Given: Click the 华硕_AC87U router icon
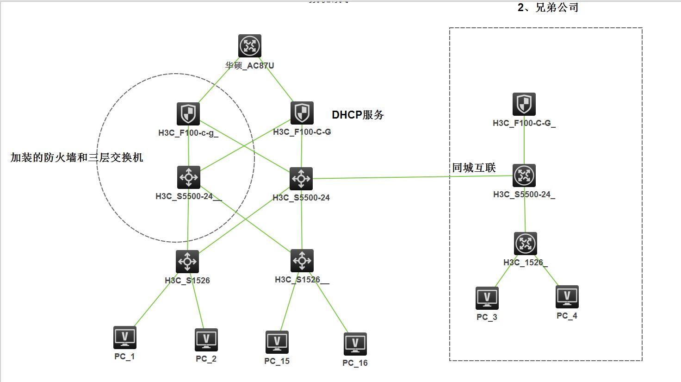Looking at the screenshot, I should pyautogui.click(x=250, y=46).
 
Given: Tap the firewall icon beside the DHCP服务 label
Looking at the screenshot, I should pyautogui.click(x=302, y=113).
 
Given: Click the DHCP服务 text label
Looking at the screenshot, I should pyautogui.click(x=358, y=115).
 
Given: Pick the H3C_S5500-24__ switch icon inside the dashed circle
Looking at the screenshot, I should pyautogui.click(x=189, y=177).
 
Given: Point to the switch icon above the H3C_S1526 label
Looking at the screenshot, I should pyautogui.click(x=187, y=262).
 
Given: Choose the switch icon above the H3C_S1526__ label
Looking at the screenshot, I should pyautogui.click(x=302, y=261).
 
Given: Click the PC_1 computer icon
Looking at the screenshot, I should pyautogui.click(x=125, y=338).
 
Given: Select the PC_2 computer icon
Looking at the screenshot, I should pyautogui.click(x=206, y=340).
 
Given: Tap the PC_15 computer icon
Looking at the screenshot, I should pyautogui.click(x=277, y=342).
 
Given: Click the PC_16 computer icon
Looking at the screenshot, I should pyautogui.click(x=355, y=344).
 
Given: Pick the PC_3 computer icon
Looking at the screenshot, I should pyautogui.click(x=487, y=298).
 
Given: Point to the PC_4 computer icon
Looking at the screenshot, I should pyautogui.click(x=567, y=297).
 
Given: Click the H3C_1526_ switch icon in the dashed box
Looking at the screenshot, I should pyautogui.click(x=526, y=244).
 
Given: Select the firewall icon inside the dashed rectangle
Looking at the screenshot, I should pyautogui.click(x=524, y=104).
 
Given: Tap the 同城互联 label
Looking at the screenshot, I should pyautogui.click(x=474, y=168).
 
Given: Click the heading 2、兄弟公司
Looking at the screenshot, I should pyautogui.click(x=548, y=7).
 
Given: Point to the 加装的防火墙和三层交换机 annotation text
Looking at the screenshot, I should pyautogui.click(x=77, y=157).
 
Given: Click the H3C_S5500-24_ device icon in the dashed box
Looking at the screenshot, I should pyautogui.click(x=524, y=175).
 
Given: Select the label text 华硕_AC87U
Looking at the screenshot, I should pyautogui.click(x=250, y=66).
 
